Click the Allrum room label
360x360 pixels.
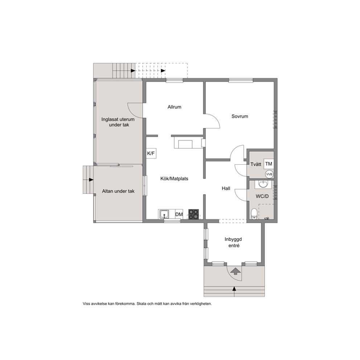pos(174,107)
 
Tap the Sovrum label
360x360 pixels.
pos(240,116)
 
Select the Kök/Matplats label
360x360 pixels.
pos(174,179)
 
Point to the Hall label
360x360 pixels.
pos(226,188)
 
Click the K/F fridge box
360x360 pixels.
pos(151,154)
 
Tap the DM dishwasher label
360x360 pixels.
pos(179,214)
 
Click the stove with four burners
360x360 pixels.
pos(193,214)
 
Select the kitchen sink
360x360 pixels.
pos(164,214)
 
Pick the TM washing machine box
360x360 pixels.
pos(269,164)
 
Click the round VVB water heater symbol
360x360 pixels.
pos(269,175)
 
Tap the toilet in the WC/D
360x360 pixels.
pos(254,214)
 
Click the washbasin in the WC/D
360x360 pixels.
pos(263,184)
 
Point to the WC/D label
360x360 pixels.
pos(262,197)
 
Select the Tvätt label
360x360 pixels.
pos(256,164)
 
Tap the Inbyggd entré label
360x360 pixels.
pos(233,242)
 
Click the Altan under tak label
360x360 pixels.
pos(118,191)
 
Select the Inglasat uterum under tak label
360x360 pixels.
pos(118,122)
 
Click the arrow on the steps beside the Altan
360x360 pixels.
pos(91,180)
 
